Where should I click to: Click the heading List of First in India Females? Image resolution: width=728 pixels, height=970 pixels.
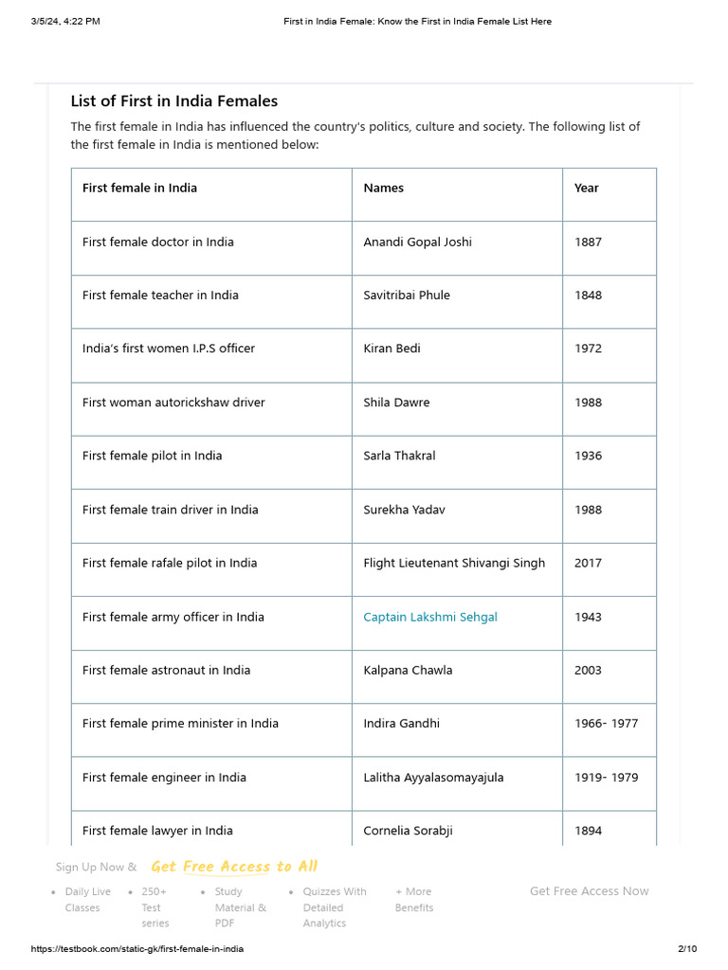[x=173, y=101]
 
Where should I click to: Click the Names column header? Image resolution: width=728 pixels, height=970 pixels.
[x=383, y=189]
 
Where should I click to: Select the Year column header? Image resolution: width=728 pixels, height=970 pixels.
[x=586, y=189]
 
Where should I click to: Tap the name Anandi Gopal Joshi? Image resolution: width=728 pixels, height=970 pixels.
[x=417, y=242]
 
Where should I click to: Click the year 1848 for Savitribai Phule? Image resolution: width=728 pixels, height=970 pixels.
[x=588, y=296]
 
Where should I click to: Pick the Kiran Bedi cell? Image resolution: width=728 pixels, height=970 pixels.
[x=391, y=349]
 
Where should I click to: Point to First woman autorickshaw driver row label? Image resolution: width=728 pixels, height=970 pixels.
[x=173, y=403]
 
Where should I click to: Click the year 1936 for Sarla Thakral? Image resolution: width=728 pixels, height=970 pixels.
[x=588, y=456]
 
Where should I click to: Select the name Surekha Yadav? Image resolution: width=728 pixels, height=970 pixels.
[x=404, y=510]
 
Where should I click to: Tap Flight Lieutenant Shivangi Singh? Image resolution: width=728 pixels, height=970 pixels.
[x=454, y=563]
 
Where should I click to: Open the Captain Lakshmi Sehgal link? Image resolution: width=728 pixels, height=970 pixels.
[x=430, y=617]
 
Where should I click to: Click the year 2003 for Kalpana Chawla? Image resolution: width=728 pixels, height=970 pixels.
[x=588, y=670]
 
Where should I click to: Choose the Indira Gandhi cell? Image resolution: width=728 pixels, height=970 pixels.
[x=401, y=724]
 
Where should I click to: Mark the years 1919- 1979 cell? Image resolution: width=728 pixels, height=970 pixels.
[x=606, y=778]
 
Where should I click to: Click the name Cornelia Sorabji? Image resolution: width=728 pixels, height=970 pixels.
[x=408, y=831]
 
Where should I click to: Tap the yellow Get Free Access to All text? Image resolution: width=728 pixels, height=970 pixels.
[x=234, y=867]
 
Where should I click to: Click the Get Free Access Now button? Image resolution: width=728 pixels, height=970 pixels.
[x=589, y=891]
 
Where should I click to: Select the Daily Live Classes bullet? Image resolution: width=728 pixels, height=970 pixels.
[x=87, y=899]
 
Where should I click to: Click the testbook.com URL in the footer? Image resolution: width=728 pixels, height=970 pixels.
[x=131, y=949]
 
